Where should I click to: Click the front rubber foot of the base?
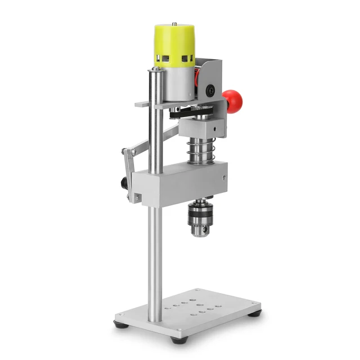pos(179,339)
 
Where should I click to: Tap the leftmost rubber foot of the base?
pos(120,324)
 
